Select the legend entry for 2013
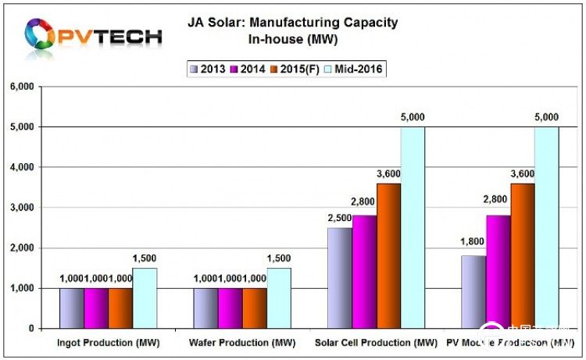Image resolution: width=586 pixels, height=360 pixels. point(207,69)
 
